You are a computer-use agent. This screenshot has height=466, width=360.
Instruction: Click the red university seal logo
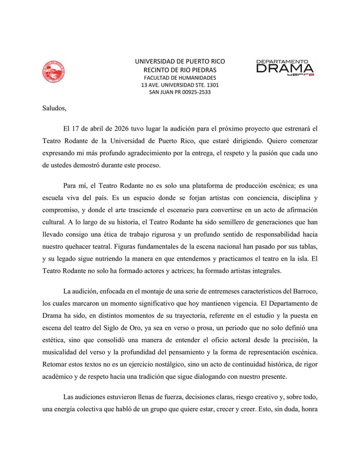(53, 72)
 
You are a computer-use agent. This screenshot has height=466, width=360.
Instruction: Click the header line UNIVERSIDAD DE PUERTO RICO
(180, 61)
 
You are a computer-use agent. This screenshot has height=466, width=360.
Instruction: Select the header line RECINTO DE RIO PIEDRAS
(180, 70)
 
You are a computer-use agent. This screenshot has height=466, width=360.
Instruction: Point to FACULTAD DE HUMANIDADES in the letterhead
(180, 78)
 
